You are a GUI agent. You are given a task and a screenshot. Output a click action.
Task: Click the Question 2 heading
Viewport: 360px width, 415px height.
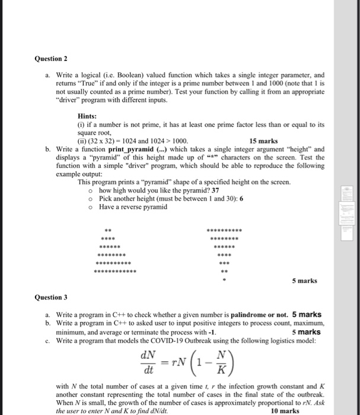50,59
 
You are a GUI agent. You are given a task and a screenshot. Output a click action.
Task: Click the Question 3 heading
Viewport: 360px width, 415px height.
50,297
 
